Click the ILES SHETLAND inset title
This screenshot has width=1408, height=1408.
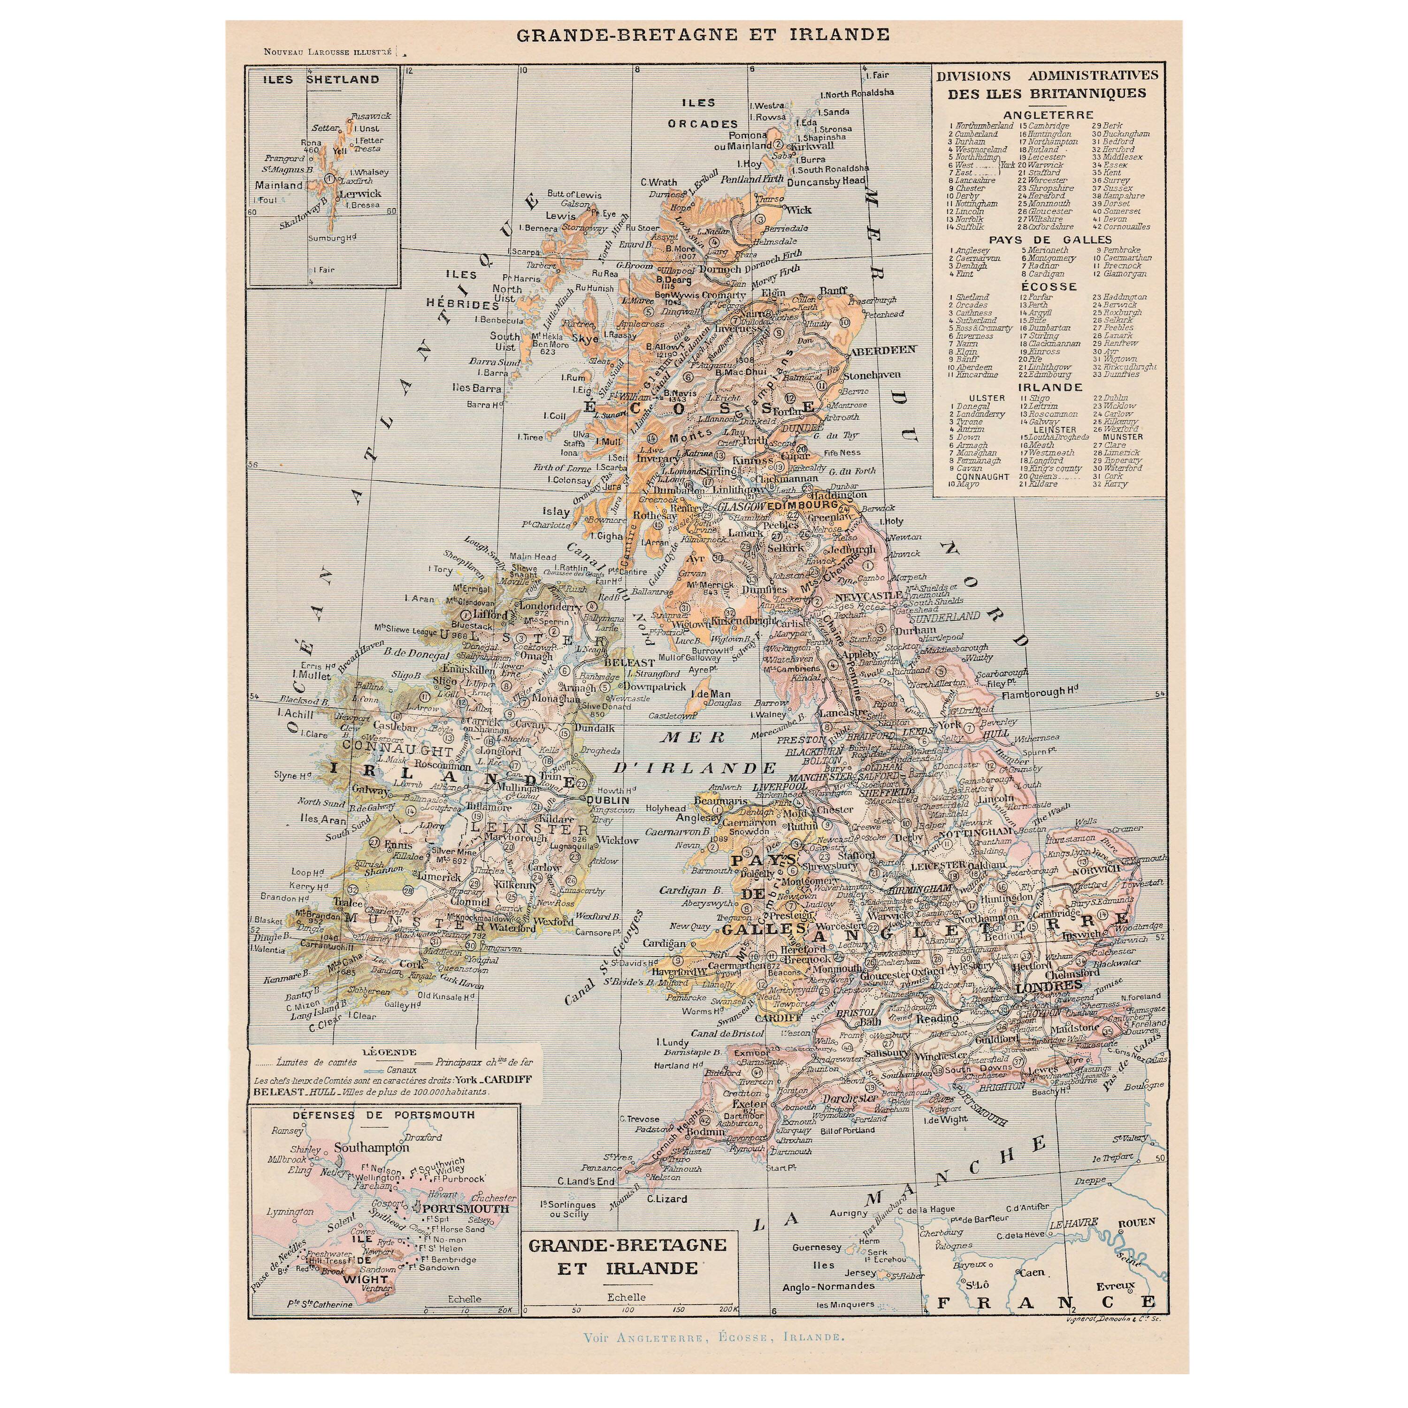(321, 79)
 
